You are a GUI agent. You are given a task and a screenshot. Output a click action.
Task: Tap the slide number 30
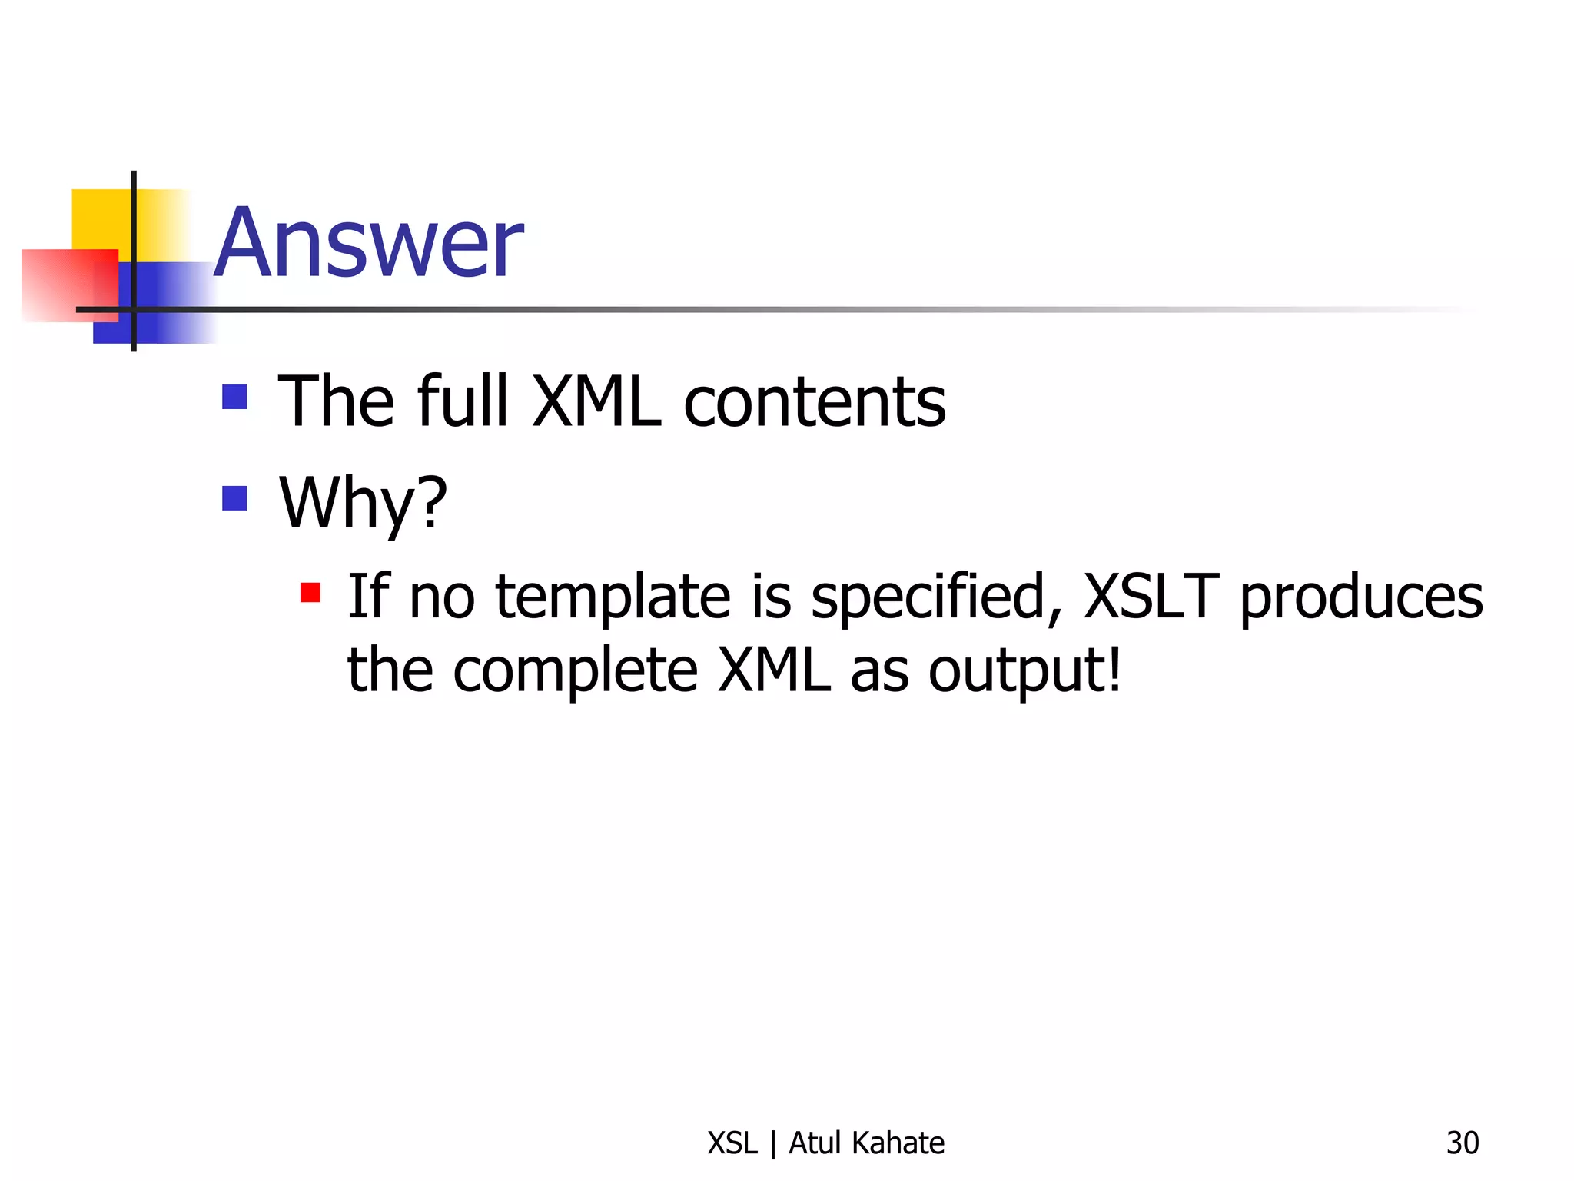click(1462, 1143)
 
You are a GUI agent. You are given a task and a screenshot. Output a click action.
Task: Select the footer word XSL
click(732, 1143)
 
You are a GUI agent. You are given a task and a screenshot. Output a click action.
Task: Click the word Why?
click(363, 504)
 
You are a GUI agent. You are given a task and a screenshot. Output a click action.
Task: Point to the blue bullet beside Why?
click(234, 498)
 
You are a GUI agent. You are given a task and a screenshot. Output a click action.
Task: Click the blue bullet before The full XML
click(234, 397)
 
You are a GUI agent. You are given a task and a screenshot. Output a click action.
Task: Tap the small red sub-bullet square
click(310, 592)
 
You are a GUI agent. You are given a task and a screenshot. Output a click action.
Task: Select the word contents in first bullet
click(815, 402)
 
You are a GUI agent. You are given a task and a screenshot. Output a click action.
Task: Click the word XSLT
click(1151, 597)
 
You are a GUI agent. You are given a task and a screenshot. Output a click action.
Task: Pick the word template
click(613, 598)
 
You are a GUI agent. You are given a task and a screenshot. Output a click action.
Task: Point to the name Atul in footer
click(815, 1143)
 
